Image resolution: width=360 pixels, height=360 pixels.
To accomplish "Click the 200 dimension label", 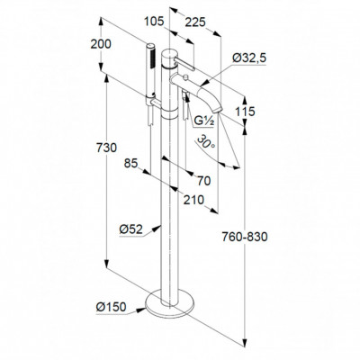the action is pos(101,44).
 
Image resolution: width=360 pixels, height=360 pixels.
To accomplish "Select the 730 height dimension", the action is pos(106,148).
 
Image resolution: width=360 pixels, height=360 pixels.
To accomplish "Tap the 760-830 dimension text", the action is pos(245,238).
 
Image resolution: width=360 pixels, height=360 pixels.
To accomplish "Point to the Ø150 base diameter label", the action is pos(111,307).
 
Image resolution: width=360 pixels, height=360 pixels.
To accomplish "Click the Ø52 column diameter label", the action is pos(130,229).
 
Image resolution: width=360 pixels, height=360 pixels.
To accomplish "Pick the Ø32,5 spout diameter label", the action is pos(249,58).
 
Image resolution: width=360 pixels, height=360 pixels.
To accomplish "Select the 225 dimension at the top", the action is pos(195,22).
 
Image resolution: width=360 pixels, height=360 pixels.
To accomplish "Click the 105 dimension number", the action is pos(154,22).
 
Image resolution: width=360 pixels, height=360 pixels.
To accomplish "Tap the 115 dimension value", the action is pos(245,112).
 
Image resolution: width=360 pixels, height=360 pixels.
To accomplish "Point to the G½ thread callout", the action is pos(203,121).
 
